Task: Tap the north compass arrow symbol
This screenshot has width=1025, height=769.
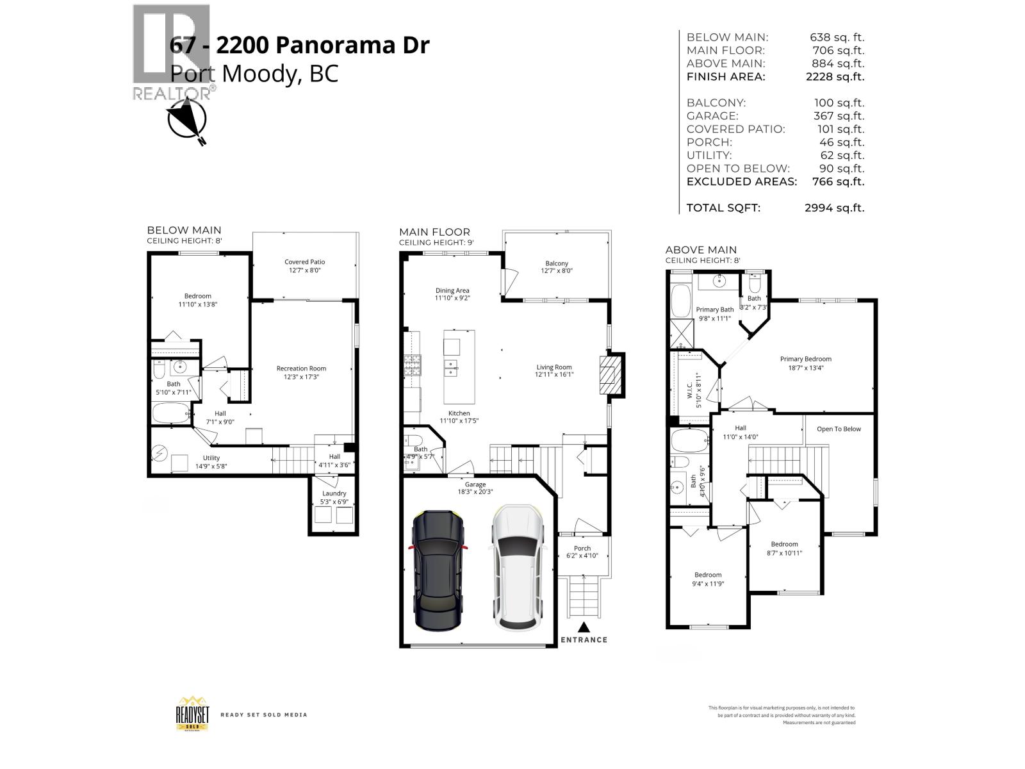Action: tap(186, 120)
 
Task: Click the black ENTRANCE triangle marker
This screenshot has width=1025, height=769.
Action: tap(584, 627)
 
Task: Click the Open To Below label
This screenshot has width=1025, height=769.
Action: tap(839, 429)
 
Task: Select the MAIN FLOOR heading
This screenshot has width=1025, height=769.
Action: tap(434, 232)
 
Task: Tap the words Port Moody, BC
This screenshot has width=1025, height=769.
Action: tap(254, 74)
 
